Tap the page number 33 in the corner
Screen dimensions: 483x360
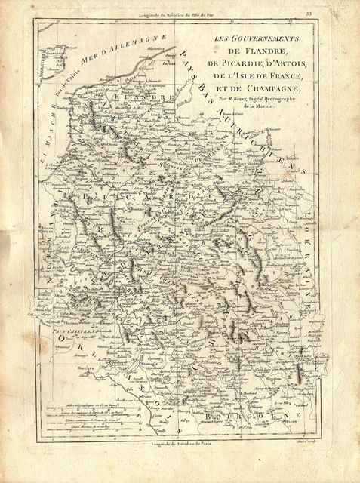point(330,12)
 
